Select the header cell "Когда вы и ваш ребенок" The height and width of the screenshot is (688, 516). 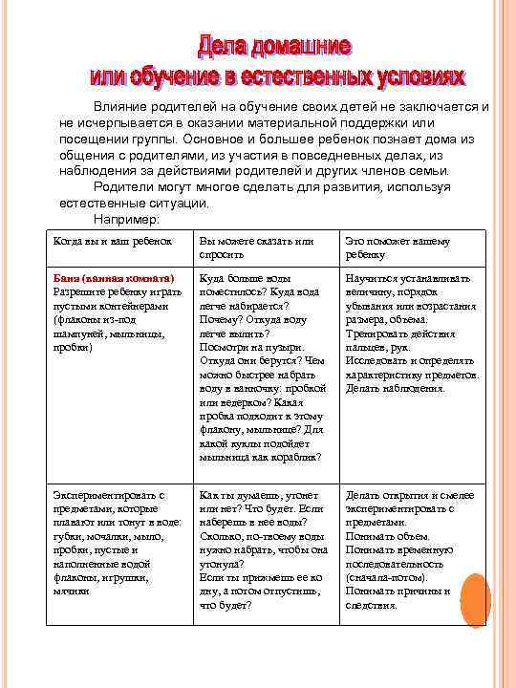tap(111, 242)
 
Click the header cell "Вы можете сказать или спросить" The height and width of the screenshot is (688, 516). tap(255, 247)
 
